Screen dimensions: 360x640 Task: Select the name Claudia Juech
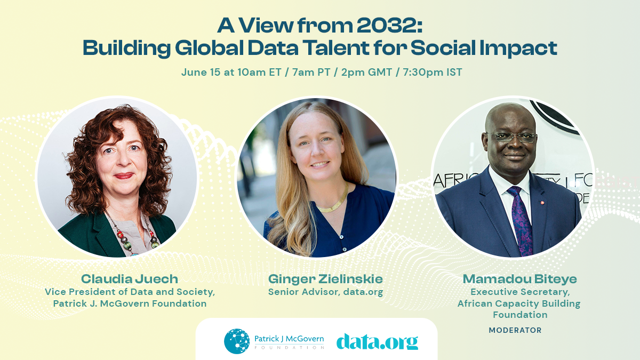click(129, 279)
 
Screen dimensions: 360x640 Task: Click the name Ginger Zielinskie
click(325, 279)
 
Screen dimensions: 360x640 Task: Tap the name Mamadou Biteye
click(519, 279)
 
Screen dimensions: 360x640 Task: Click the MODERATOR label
click(515, 330)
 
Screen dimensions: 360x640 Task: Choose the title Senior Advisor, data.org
click(325, 292)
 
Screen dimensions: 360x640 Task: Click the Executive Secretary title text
click(519, 292)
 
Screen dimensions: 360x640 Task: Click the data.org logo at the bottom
click(377, 341)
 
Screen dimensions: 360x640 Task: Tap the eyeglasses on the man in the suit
click(511, 137)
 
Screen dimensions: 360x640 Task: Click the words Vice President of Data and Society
click(129, 292)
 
